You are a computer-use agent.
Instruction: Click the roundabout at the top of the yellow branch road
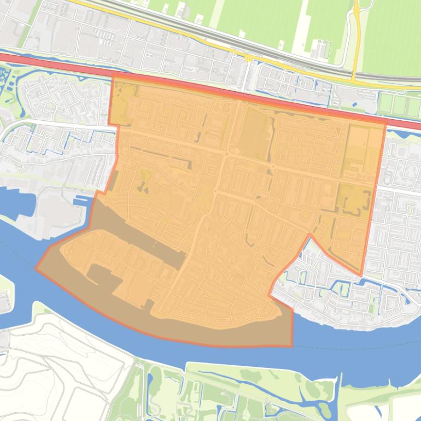click(356, 10)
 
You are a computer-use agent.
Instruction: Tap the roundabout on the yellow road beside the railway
click(248, 57)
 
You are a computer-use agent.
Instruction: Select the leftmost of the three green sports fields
click(387, 102)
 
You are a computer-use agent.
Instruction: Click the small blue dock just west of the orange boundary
click(82, 201)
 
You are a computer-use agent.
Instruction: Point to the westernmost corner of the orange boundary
click(37, 268)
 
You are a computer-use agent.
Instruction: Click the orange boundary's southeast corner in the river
click(291, 346)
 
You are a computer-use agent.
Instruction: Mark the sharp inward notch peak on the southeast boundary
click(310, 235)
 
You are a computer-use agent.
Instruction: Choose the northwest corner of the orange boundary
click(113, 78)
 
